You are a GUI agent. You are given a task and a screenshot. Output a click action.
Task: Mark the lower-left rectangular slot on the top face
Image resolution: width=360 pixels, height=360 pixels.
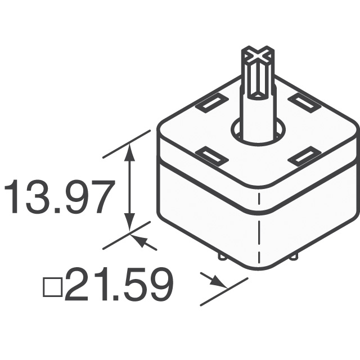click(213, 156)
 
